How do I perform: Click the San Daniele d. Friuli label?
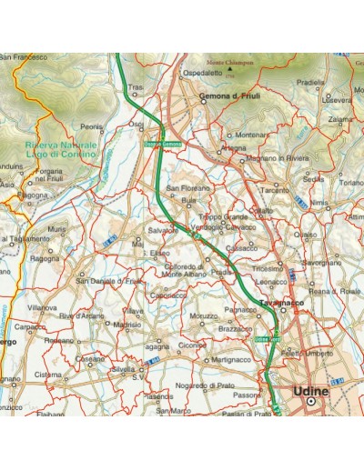[x=110, y=281]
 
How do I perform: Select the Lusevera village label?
[x=337, y=100]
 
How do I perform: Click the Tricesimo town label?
[x=268, y=269]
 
